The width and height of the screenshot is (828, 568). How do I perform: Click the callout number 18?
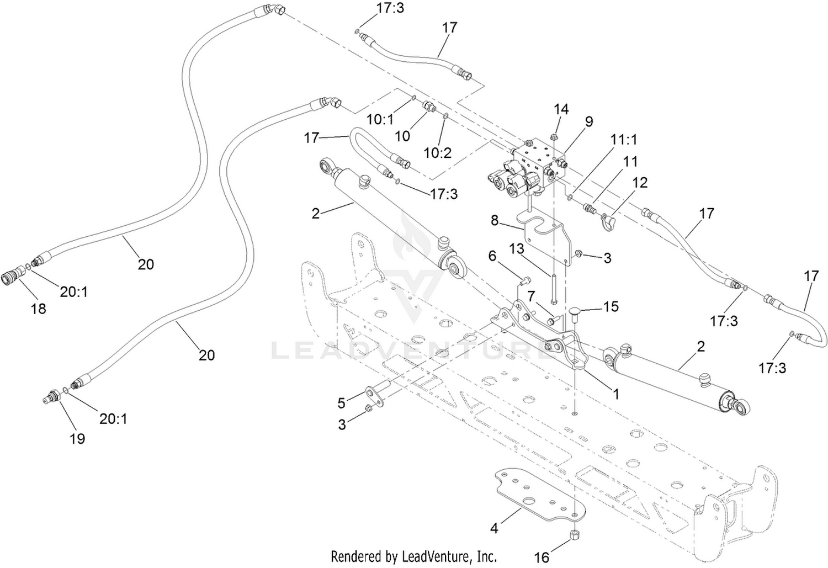pos(39,308)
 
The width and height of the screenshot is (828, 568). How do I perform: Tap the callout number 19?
pos(78,439)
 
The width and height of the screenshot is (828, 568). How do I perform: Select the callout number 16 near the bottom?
pos(542,556)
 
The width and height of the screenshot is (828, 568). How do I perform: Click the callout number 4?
pos(494,528)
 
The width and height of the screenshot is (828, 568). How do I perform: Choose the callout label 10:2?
pos(438,152)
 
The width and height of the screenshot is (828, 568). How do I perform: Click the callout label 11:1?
pos(624,140)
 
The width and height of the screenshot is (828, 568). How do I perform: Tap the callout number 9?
pos(589,121)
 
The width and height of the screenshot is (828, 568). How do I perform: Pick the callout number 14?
pos(561,109)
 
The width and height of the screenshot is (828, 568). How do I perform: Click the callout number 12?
pos(640,183)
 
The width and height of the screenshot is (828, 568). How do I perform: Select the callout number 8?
pos(495,221)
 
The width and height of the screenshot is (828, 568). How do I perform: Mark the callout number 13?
pos(516,249)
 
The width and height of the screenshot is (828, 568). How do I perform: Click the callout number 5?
pos(341,403)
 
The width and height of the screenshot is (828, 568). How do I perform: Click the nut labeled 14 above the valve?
pos(554,137)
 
